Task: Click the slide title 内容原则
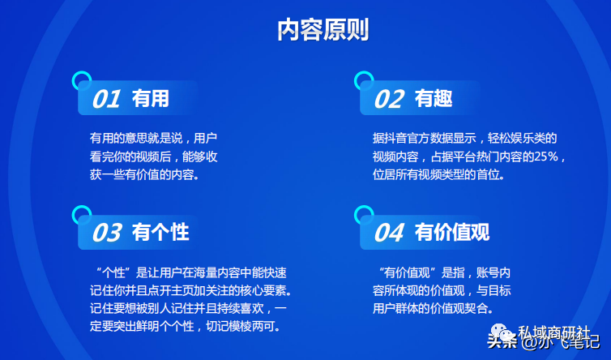coord(323,30)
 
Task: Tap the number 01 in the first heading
coord(106,99)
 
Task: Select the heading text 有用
coord(151,98)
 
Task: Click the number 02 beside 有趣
coord(388,99)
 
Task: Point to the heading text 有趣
coord(433,98)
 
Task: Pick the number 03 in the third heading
coord(107,233)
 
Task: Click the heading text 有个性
coord(160,233)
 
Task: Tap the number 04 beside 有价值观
coord(388,233)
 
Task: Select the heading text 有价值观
coord(451,233)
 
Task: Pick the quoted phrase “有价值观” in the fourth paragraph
coord(408,272)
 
